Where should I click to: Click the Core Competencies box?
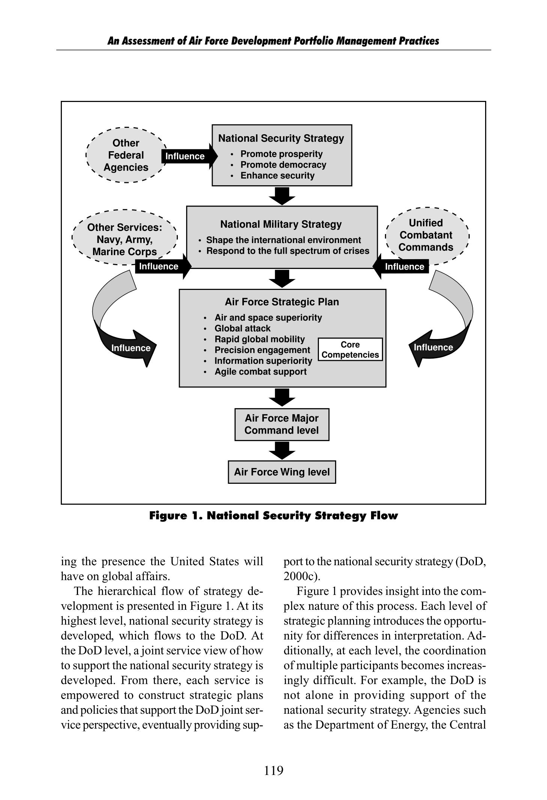coord(350,350)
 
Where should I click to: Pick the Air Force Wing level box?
coord(282,472)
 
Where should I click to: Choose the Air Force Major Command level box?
coord(282,424)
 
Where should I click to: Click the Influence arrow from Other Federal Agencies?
coord(189,156)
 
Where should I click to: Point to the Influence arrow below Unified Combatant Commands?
coord(400,266)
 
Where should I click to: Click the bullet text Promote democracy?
coord(283,165)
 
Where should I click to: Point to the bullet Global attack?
coord(242,328)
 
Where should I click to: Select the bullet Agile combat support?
coord(260,372)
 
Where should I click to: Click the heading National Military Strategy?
coord(281,224)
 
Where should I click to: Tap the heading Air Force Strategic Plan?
coord(282,302)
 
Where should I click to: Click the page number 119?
coord(274,771)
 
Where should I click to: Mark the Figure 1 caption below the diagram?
coord(273,516)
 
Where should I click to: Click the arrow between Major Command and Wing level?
coord(282,450)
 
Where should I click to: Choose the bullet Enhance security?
coord(277,176)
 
